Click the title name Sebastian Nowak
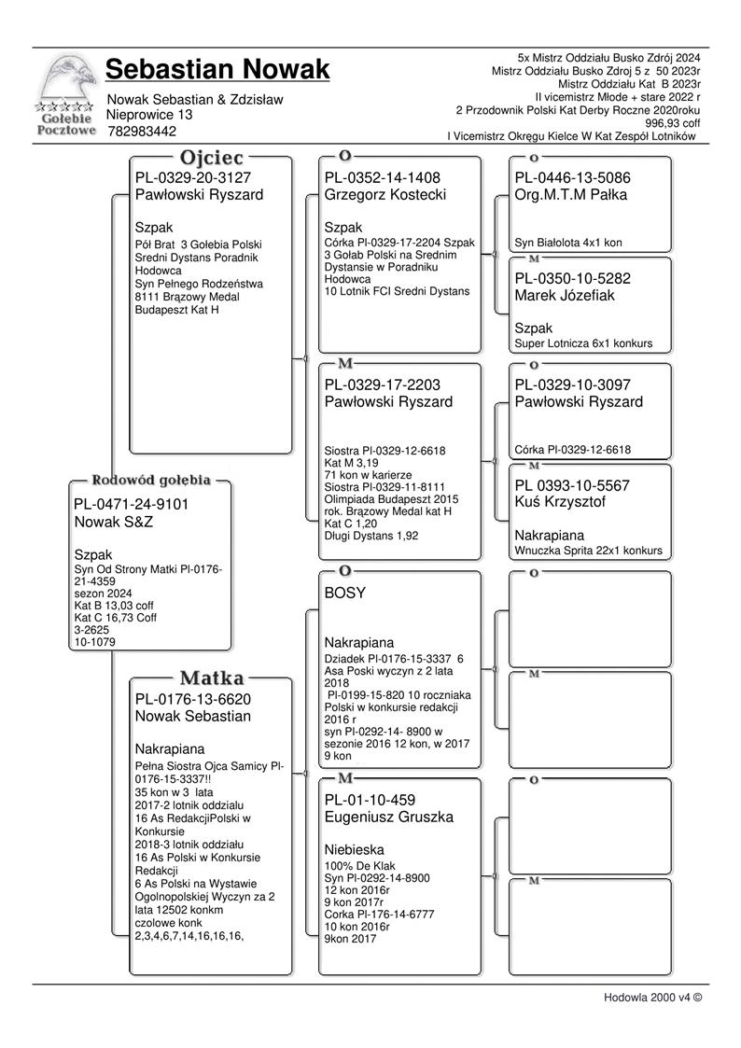pos(217,70)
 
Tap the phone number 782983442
pos(142,132)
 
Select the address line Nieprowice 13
pos(150,115)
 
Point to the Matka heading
pos(212,678)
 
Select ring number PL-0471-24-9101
pos(131,505)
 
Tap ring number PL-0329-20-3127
pos(192,177)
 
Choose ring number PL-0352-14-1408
pos(382,177)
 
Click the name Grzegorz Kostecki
pos(385,195)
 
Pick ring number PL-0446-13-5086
pos(572,177)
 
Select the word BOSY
pos(345,593)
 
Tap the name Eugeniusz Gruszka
pos(388,817)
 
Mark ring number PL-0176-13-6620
pos(192,699)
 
